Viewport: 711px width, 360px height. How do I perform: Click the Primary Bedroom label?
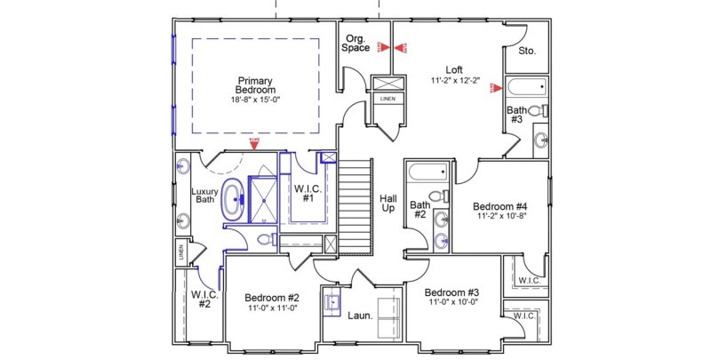pos(255,85)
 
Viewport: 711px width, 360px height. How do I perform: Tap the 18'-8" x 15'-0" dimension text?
pos(255,100)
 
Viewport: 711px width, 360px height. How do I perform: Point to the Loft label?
pos(454,69)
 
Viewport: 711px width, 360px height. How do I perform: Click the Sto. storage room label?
pos(527,52)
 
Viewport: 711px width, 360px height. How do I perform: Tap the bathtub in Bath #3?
pos(525,88)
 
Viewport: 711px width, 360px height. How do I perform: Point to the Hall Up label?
pos(388,203)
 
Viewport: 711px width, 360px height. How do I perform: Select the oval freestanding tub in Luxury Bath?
pos(233,201)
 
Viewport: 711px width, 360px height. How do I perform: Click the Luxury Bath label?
pos(204,196)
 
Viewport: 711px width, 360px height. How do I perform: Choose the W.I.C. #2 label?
pos(199,300)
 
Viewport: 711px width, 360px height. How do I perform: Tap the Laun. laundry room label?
pos(359,314)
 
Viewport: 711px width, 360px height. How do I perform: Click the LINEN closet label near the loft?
pos(387,99)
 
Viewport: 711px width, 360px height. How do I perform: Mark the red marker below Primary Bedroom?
pos(253,140)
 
